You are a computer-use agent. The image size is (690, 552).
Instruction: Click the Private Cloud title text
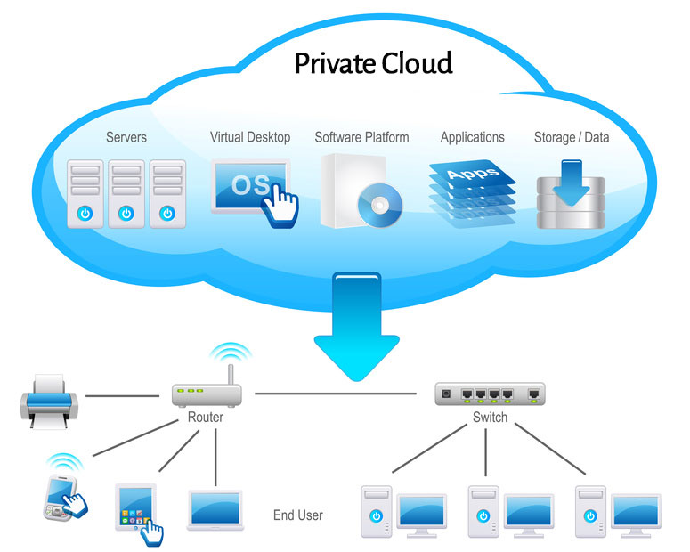[374, 64]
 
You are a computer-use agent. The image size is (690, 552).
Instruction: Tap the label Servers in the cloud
[126, 137]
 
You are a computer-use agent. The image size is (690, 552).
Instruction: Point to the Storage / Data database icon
[571, 194]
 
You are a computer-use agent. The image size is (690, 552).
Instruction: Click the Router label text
[206, 417]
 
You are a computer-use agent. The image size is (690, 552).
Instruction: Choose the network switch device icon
[490, 393]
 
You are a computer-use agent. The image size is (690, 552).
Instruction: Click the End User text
[298, 515]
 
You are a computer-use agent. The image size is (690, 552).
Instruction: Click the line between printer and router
[120, 394]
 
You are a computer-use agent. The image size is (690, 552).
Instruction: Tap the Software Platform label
[361, 137]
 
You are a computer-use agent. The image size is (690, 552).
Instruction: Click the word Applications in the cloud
[472, 137]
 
